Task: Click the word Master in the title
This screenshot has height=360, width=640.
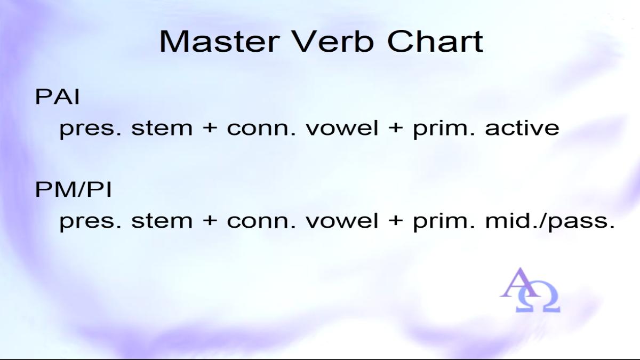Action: tap(219, 42)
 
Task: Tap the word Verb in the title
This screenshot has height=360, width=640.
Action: tap(333, 42)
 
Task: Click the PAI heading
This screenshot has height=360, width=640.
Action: tap(57, 97)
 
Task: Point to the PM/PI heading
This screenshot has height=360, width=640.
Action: tap(73, 189)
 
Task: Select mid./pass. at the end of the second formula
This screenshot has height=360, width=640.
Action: tap(550, 221)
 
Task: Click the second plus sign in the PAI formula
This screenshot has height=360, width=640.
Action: tap(395, 127)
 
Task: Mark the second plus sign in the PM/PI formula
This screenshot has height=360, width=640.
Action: tap(395, 221)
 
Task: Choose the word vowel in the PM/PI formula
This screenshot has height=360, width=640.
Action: tap(342, 221)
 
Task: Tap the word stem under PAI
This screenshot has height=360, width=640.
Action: tap(162, 129)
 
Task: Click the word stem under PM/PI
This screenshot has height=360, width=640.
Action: tap(162, 221)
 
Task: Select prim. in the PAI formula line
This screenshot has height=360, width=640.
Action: tap(444, 129)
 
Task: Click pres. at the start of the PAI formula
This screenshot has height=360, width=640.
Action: tap(90, 130)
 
